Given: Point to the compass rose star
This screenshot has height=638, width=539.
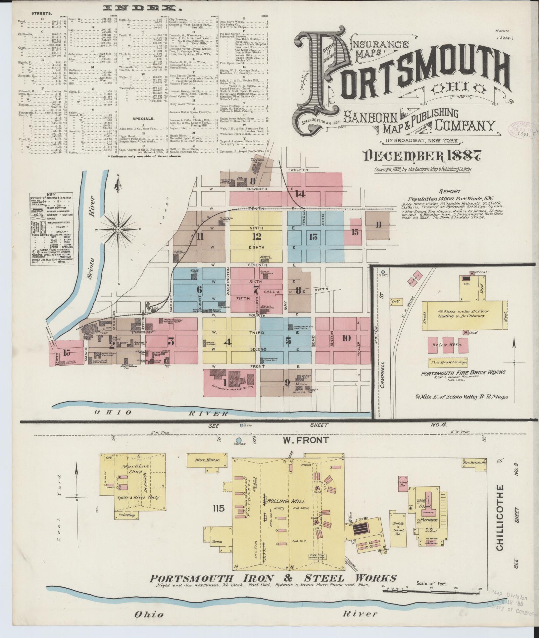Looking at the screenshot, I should coord(118,229).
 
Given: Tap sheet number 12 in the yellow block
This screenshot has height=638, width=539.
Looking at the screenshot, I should coord(257,236).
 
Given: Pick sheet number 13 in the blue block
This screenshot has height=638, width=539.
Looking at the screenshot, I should coord(313,236).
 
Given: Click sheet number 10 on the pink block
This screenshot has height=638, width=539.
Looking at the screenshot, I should coord(346,338).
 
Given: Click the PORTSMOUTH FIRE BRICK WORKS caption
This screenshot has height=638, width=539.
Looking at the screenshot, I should coord(463,372).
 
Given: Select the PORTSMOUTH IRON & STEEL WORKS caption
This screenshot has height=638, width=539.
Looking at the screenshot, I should coord(273,578).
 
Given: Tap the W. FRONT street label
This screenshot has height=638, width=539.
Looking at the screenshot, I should coord(310,440).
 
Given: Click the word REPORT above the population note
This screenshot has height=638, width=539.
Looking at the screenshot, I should coord(450,191).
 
